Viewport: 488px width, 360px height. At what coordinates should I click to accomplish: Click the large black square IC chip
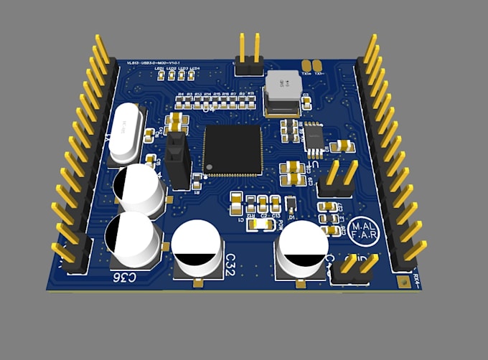coord(233,150)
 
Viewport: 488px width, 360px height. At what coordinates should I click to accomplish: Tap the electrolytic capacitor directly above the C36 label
coord(131,239)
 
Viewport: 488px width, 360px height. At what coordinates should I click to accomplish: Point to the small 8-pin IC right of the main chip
coord(314,139)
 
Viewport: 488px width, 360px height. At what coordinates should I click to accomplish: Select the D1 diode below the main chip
coord(291,204)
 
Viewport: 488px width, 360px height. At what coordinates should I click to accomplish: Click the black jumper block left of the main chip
coord(177,158)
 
